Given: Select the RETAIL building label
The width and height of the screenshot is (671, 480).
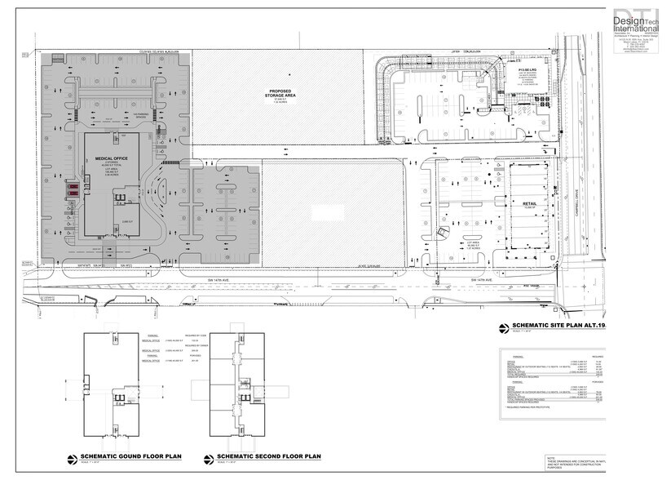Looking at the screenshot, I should click(528, 205).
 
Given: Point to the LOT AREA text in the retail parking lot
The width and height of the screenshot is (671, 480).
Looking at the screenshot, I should click(470, 243).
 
